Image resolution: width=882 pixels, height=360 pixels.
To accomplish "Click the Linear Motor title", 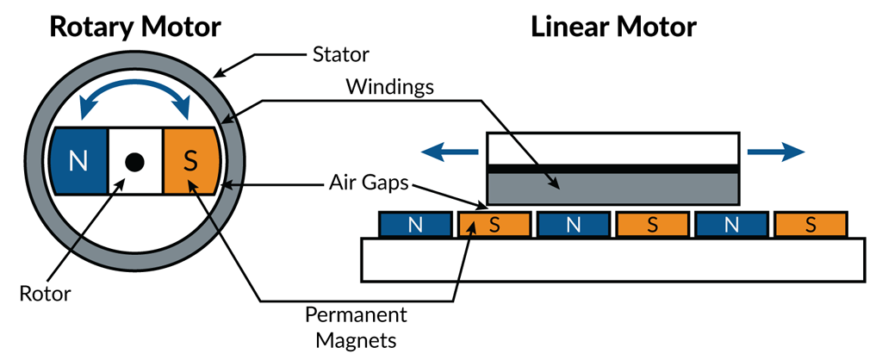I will tap(613, 26).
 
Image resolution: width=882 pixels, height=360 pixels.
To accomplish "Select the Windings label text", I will tap(388, 88).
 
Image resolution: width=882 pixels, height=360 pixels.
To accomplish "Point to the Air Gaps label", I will tap(367, 183).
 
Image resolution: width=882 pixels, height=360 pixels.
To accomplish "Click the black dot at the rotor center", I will tap(134, 161).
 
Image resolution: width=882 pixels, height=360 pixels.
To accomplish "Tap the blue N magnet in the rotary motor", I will tap(78, 161).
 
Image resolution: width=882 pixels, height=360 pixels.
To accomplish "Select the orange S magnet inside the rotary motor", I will tap(191, 161).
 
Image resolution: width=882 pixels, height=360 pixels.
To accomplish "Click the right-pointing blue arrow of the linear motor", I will tap(776, 152).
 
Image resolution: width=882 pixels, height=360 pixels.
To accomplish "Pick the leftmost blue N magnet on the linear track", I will tap(415, 225).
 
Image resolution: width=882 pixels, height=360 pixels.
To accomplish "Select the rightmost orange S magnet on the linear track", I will tap(810, 225).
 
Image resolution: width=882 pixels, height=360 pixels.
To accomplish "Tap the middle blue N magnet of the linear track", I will tap(573, 225).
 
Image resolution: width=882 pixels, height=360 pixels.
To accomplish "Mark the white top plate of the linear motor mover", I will tap(613, 147).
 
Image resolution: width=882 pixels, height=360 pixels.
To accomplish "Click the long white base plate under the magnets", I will tap(613, 259).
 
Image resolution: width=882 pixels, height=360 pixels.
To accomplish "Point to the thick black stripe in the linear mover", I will tap(613, 168).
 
